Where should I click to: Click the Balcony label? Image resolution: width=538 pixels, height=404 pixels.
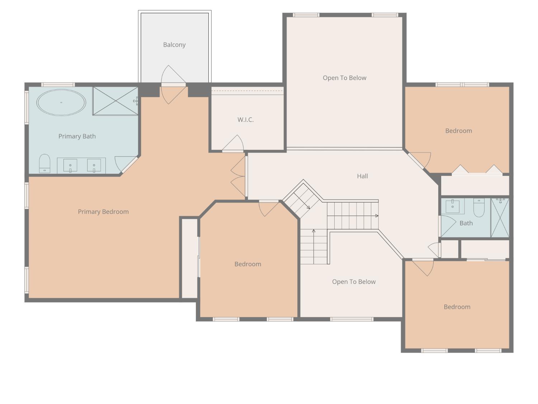pyautogui.click(x=174, y=45)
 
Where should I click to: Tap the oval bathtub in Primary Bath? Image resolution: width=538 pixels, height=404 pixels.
pyautogui.click(x=61, y=102)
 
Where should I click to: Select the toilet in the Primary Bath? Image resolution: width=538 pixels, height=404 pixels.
pyautogui.click(x=44, y=164)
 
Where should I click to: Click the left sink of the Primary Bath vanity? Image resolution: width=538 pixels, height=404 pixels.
pyautogui.click(x=70, y=166)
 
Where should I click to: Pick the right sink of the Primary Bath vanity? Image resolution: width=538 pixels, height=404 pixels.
pyautogui.click(x=94, y=166)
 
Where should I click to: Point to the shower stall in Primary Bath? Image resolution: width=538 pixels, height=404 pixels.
pyautogui.click(x=115, y=101)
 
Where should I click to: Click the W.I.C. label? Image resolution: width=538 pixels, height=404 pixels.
pyautogui.click(x=246, y=120)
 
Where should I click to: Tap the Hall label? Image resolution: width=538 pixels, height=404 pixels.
pyautogui.click(x=362, y=176)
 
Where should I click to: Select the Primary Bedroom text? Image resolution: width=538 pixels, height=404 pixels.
pyautogui.click(x=103, y=212)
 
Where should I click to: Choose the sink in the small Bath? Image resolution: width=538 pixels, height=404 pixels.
pyautogui.click(x=453, y=206)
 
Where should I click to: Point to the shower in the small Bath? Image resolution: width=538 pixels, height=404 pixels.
pyautogui.click(x=500, y=218)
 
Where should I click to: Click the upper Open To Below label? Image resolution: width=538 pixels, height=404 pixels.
pyautogui.click(x=344, y=78)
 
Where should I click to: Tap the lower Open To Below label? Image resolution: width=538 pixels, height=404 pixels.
pyautogui.click(x=354, y=282)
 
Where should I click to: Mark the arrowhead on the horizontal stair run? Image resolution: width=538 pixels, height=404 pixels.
pyautogui.click(x=377, y=216)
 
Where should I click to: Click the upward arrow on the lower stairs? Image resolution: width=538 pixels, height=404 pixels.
pyautogui.click(x=313, y=231)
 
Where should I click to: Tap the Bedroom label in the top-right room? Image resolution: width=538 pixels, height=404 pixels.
pyautogui.click(x=458, y=131)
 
